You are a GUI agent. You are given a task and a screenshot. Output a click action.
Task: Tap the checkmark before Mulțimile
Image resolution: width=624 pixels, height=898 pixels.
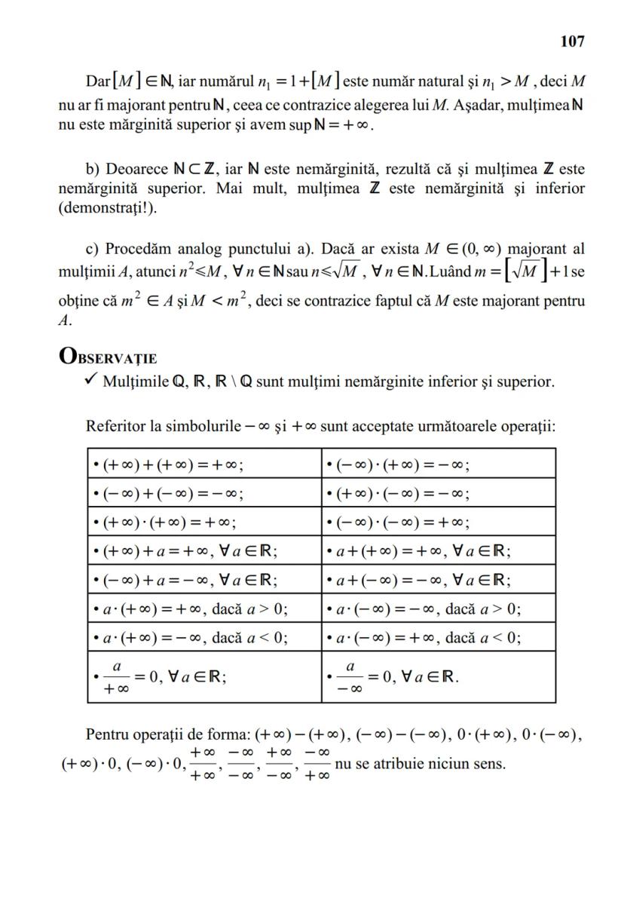point(93,381)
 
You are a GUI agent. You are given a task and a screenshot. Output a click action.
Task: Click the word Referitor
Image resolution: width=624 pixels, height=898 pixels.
point(115,427)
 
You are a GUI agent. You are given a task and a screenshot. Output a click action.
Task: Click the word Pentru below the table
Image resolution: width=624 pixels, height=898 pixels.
point(109,734)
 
